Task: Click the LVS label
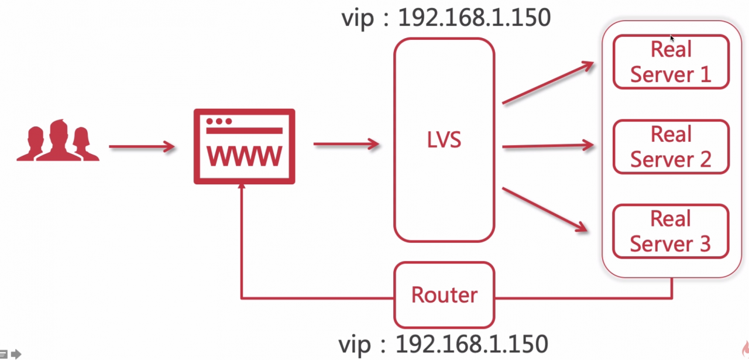tap(444, 140)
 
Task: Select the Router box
tap(444, 295)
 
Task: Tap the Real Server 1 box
tap(671, 62)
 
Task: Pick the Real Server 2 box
tap(671, 147)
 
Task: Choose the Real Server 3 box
tap(671, 231)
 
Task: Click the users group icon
tap(58, 140)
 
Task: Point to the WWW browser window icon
tap(245, 146)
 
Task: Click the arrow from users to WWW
tap(142, 146)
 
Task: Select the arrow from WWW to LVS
tap(346, 144)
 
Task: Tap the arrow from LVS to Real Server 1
tap(548, 83)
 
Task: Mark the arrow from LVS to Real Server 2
tap(548, 146)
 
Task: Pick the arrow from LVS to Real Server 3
tap(545, 210)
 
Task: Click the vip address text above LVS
tap(446, 18)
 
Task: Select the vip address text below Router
tap(444, 344)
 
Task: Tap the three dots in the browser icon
tap(219, 121)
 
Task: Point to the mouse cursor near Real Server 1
tap(672, 39)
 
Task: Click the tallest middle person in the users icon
tap(59, 139)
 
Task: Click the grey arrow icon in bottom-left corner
tap(16, 354)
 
